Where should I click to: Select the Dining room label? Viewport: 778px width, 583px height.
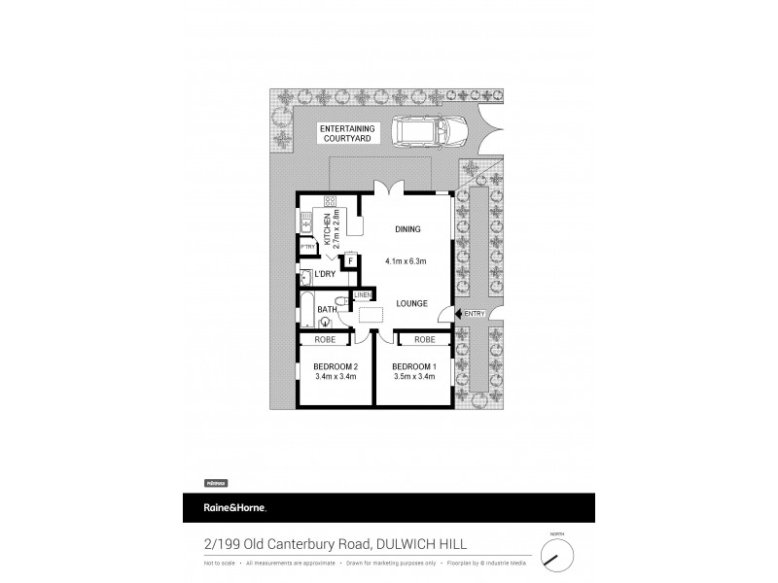[407, 229]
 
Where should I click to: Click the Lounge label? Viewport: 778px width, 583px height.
[411, 304]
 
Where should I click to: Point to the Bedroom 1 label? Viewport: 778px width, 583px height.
[412, 366]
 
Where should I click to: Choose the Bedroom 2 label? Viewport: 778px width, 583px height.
[335, 366]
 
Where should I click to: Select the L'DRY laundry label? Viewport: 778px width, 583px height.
[324, 276]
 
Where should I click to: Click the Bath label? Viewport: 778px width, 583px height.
[328, 310]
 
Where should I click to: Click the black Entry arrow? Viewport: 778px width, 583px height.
[458, 313]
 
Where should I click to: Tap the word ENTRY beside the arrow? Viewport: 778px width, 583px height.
[475, 313]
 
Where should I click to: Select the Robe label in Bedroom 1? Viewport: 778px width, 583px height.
[424, 340]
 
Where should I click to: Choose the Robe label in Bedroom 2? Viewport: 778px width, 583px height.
[324, 340]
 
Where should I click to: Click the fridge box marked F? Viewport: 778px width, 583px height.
[349, 260]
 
